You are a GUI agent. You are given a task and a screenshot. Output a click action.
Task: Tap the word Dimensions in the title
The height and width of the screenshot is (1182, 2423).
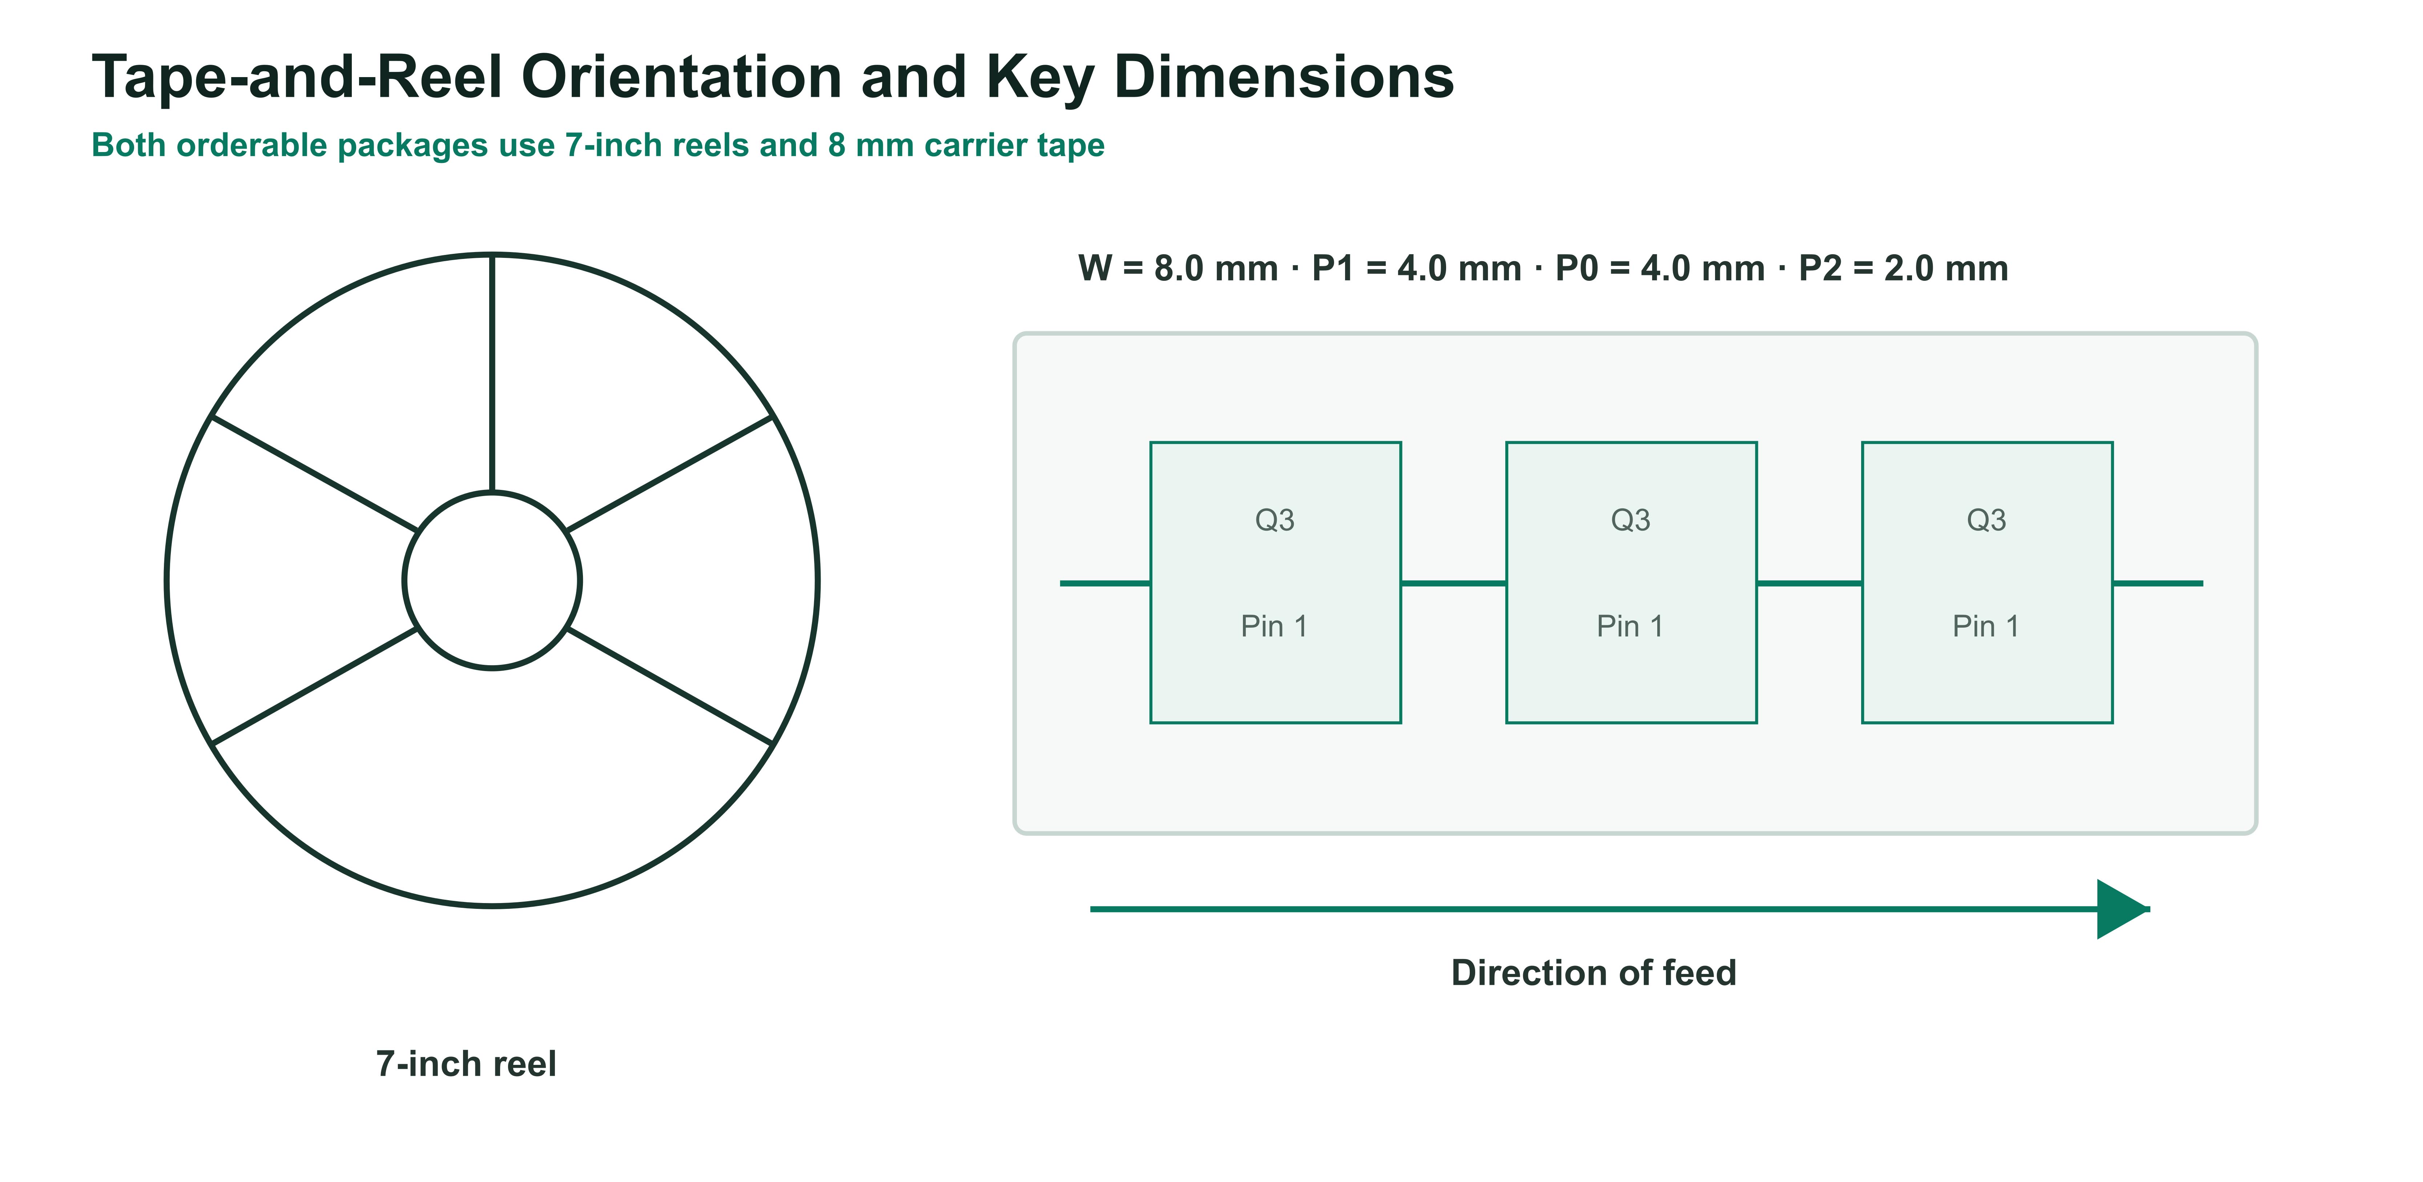point(1284,77)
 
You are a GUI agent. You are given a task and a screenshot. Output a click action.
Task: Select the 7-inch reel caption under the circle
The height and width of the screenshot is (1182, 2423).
point(467,1065)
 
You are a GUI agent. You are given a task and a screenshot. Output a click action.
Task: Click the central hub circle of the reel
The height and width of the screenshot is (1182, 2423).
point(492,492)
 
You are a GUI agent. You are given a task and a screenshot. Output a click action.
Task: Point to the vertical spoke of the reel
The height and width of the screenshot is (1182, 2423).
point(492,373)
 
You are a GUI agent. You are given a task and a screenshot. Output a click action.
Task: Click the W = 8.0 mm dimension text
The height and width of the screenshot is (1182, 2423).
point(1178,269)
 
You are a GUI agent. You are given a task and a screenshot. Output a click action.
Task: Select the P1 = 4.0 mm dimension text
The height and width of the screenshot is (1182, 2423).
point(1417,269)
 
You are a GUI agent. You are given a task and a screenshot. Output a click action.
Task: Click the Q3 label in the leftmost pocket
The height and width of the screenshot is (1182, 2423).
point(1275,520)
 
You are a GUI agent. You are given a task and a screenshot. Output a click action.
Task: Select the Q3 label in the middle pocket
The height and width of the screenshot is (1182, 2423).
point(1631,520)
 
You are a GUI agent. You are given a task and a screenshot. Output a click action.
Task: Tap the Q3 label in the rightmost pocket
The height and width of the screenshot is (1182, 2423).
point(1987,520)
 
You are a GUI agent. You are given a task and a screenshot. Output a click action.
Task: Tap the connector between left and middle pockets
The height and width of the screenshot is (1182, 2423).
point(1453,583)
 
